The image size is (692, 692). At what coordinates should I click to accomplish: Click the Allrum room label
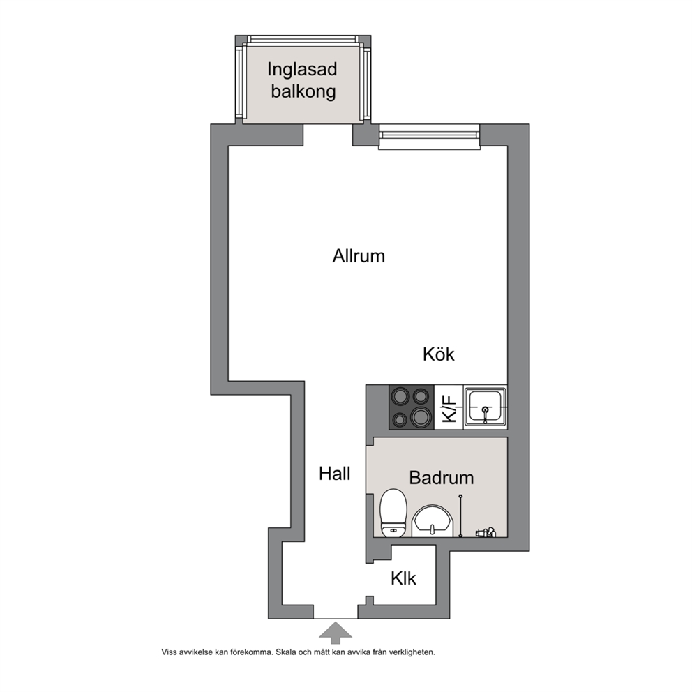[x=359, y=256]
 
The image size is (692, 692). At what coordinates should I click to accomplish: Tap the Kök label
[x=438, y=354]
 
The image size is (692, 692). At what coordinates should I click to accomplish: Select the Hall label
[x=335, y=474]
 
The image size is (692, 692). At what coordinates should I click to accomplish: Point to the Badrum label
[x=442, y=478]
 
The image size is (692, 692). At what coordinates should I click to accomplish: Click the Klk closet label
[x=403, y=578]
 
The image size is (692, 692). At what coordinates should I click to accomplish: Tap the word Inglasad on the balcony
[x=302, y=70]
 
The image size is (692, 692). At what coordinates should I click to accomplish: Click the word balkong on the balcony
[x=303, y=91]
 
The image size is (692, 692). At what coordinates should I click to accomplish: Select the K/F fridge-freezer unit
[x=449, y=407]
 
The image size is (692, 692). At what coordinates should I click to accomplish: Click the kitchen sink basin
[x=485, y=407]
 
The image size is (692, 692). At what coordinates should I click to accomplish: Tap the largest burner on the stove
[x=421, y=416]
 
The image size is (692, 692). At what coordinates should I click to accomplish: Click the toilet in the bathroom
[x=393, y=513]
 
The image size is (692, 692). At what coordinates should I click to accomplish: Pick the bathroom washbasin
[x=433, y=522]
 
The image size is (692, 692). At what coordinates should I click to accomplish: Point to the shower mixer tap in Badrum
[x=486, y=532]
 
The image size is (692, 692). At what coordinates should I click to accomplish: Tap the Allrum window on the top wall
[x=429, y=136]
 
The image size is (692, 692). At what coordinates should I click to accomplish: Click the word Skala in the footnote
[x=286, y=652]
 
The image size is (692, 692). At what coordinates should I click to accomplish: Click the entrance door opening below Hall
[x=336, y=612]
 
